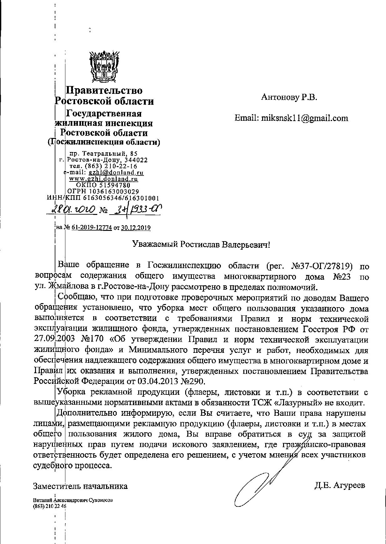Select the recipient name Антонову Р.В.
click(x=289, y=98)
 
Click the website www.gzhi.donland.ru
click(x=104, y=179)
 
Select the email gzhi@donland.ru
click(x=116, y=172)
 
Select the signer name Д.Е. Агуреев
click(x=340, y=486)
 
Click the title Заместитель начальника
click(x=80, y=486)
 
